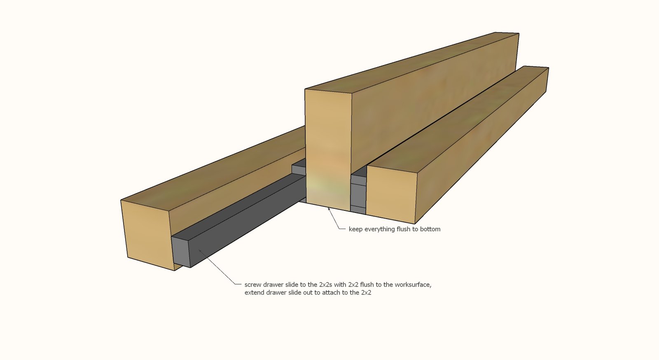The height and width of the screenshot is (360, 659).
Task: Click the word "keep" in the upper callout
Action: pyautogui.click(x=356, y=229)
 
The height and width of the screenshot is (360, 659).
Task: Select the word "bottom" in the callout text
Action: pyautogui.click(x=430, y=229)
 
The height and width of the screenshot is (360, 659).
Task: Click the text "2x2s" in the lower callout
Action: pyautogui.click(x=325, y=285)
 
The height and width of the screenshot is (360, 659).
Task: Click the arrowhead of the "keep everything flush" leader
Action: pyautogui.click(x=329, y=209)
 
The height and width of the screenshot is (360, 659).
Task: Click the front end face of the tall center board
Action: pyautogui.click(x=328, y=150)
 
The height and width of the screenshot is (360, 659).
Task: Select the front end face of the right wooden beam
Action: pyautogui.click(x=391, y=194)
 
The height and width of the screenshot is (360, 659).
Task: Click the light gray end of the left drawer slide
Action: pyautogui.click(x=181, y=252)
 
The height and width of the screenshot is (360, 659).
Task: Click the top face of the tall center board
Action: pyautogui.click(x=412, y=62)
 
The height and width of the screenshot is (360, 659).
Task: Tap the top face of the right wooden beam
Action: pyautogui.click(x=458, y=119)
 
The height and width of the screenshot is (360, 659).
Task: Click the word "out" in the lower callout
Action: pyautogui.click(x=310, y=292)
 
